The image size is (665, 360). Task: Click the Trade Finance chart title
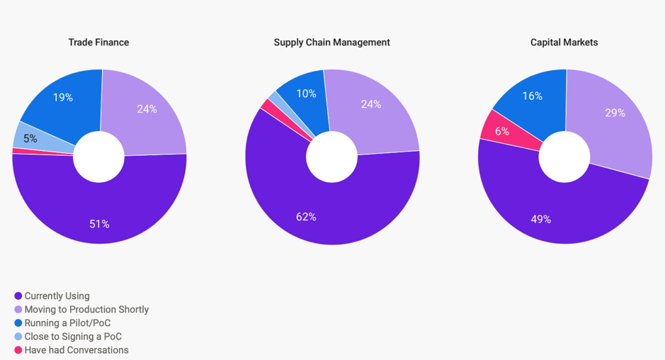[x=98, y=43]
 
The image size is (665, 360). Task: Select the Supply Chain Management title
[x=331, y=43]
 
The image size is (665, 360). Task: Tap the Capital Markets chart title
[x=564, y=43]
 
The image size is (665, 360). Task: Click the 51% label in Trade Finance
[x=99, y=224]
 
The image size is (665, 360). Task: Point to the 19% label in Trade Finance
[x=63, y=98]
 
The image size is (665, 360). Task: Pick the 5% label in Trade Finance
[x=30, y=139]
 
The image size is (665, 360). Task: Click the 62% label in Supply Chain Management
[x=306, y=217]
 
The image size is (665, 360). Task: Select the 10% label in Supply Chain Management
[x=307, y=94]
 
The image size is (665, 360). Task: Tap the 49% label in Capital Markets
[x=541, y=220]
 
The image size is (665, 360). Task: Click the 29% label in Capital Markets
[x=615, y=113]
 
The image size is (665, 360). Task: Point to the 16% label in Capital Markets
[x=532, y=96]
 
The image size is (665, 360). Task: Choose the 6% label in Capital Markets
[x=502, y=131]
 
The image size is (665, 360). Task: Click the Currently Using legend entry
[x=57, y=296]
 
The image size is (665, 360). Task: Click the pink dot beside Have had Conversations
[x=18, y=350]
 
